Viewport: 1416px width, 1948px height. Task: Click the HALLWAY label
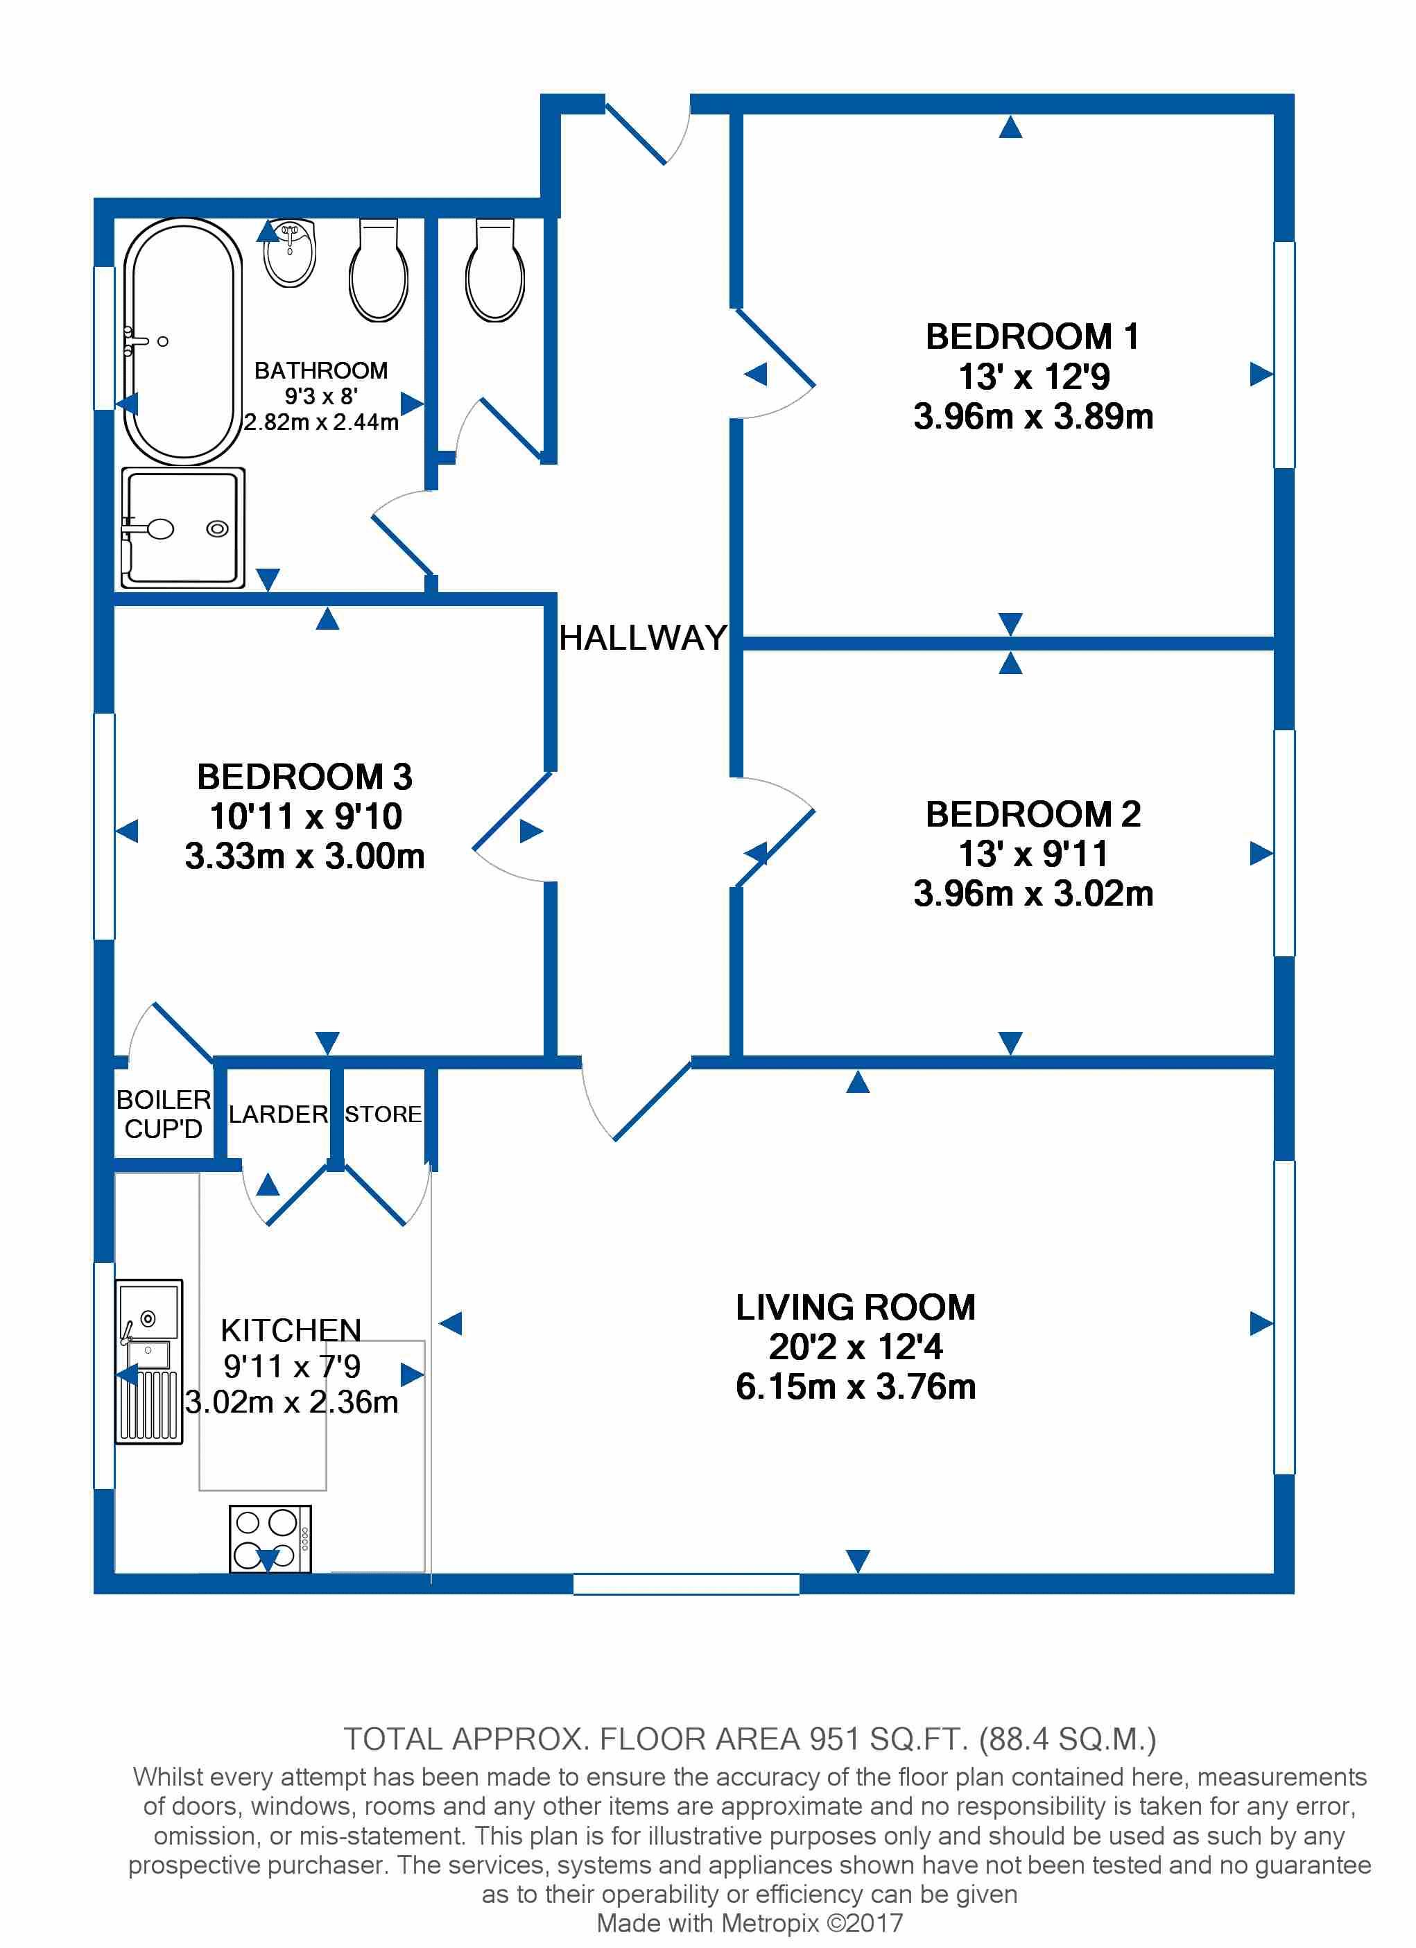tap(644, 638)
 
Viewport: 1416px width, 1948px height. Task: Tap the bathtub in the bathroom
tap(182, 342)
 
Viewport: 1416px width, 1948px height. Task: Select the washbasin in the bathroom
tap(291, 253)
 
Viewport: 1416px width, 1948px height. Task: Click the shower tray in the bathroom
tap(183, 527)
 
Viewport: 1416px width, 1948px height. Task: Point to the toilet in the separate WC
tap(494, 270)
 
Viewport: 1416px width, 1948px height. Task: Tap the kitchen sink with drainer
tap(148, 1361)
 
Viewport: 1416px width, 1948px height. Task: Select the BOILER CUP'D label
tap(163, 1114)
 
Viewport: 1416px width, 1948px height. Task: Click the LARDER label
tap(278, 1114)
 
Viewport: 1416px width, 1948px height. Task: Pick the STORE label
tap(383, 1114)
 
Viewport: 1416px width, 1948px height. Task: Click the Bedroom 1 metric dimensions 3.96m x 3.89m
tap(1033, 417)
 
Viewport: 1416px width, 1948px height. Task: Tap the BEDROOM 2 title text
tap(1033, 814)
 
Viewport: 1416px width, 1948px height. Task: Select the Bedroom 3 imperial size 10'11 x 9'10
tap(306, 816)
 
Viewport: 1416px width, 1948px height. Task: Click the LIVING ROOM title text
tap(855, 1307)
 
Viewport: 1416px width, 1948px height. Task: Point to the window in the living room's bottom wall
tap(686, 1583)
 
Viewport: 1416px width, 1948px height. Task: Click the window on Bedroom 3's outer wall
tap(104, 826)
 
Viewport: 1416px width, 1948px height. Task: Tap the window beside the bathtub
tap(104, 338)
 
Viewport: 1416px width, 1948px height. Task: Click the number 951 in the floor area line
tap(834, 1739)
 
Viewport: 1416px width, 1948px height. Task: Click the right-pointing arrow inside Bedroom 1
tap(1261, 374)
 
